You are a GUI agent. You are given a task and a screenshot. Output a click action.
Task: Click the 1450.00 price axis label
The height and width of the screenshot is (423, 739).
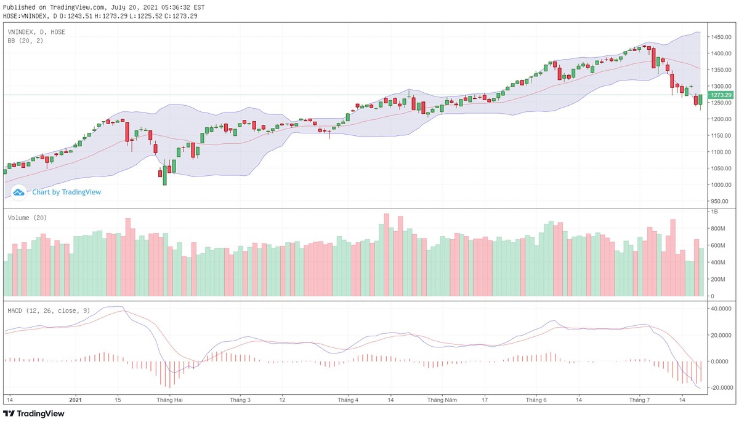721,38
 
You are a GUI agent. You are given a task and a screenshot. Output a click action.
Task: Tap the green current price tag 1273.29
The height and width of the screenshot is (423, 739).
721,95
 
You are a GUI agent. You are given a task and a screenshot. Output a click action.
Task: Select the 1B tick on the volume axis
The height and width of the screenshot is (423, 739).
715,211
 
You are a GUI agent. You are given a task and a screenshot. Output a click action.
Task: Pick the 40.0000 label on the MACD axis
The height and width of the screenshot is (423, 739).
722,309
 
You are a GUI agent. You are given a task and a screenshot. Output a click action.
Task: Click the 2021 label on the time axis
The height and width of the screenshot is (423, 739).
75,400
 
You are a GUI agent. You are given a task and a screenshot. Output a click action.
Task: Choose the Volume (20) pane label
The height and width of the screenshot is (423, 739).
27,218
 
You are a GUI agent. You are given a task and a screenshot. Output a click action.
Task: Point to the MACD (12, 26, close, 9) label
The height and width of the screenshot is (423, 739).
49,310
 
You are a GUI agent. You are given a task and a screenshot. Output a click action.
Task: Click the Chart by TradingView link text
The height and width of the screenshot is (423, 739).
67,192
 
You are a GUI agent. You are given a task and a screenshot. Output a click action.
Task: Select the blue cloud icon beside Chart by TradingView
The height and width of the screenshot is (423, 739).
18,192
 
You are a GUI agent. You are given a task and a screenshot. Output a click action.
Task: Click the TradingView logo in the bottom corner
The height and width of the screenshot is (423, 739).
34,414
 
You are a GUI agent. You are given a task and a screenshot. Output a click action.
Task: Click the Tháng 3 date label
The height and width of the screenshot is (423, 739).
240,400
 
